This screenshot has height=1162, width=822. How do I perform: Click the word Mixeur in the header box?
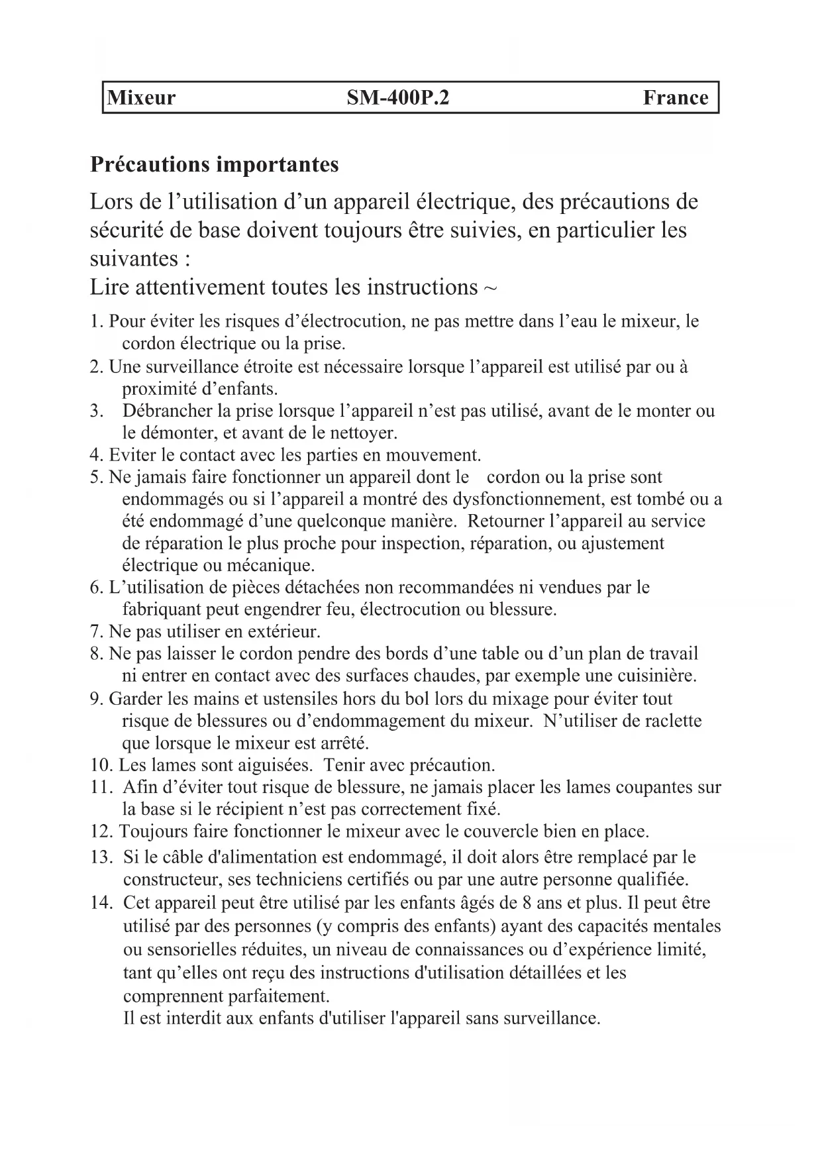coord(142,98)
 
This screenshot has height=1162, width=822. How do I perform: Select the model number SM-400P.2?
coord(398,98)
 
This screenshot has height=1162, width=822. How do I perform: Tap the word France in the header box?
coord(675,98)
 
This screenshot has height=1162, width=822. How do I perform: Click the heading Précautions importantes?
coord(214,164)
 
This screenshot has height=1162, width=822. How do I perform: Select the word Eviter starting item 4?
coord(128,455)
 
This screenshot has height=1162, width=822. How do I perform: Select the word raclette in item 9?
coord(671,720)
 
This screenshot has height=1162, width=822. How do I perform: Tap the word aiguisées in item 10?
coord(271,765)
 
